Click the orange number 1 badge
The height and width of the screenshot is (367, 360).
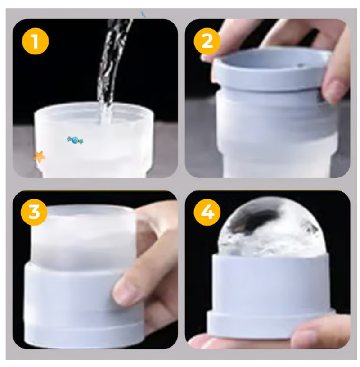point(36,41)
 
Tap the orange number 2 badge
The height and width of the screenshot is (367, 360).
point(207,41)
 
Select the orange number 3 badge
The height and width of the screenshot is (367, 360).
point(34,212)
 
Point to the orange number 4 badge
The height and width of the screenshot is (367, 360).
point(207,212)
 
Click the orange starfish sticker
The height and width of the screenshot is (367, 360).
point(39,157)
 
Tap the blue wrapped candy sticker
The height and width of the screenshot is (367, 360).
point(75,140)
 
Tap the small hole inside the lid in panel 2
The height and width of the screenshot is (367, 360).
point(301,66)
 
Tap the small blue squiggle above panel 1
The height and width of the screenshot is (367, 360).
point(143,14)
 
